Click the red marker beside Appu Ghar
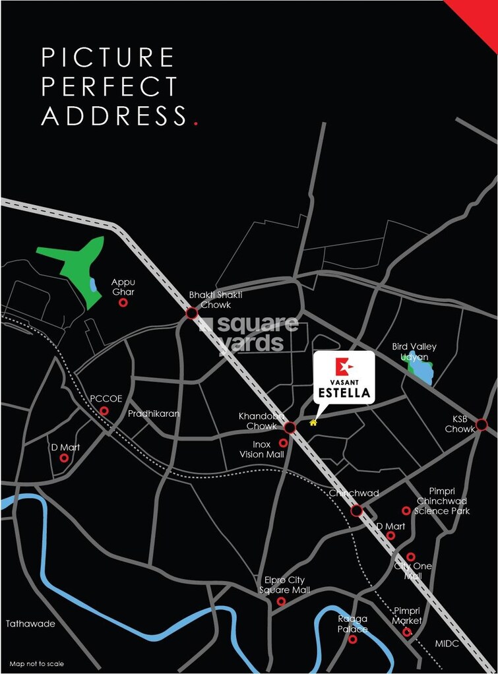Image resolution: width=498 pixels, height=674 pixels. [123, 303]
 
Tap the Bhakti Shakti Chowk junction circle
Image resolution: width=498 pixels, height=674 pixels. [192, 313]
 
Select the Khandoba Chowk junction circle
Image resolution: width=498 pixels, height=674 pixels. [289, 427]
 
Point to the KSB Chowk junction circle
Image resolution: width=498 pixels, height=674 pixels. [482, 424]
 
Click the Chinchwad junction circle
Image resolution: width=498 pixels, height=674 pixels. [357, 510]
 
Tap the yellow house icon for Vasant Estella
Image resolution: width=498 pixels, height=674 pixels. [313, 422]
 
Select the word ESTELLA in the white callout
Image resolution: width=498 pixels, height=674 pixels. [345, 394]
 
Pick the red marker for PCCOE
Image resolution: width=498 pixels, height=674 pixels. [104, 411]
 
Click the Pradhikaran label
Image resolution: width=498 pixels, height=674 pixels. [154, 414]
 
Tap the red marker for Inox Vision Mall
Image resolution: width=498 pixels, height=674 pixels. [284, 443]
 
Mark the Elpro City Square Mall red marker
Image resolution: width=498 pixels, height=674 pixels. [281, 601]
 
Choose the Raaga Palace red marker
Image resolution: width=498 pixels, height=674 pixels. [352, 639]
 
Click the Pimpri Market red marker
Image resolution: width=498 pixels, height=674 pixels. [407, 632]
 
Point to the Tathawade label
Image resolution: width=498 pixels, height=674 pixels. [30, 623]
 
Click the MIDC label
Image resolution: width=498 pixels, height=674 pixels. [447, 643]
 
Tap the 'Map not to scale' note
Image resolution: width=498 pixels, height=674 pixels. [37, 663]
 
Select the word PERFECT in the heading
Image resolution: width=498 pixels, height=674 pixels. [109, 86]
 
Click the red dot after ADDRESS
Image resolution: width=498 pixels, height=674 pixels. [195, 123]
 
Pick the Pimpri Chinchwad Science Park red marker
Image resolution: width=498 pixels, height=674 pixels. [406, 510]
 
